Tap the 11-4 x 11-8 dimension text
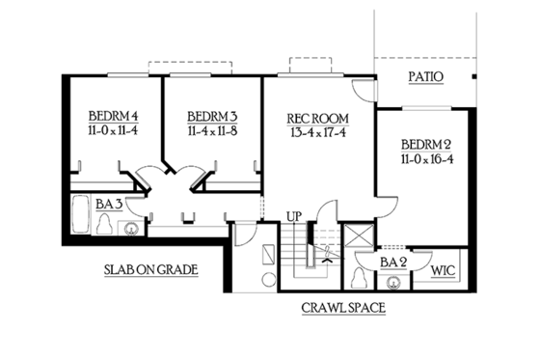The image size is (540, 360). (x=211, y=127)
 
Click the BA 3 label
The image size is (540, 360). (x=107, y=204)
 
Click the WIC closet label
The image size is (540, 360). (x=444, y=270)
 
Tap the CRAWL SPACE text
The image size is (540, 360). (x=343, y=309)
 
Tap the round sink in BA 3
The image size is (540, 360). (x=129, y=229)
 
